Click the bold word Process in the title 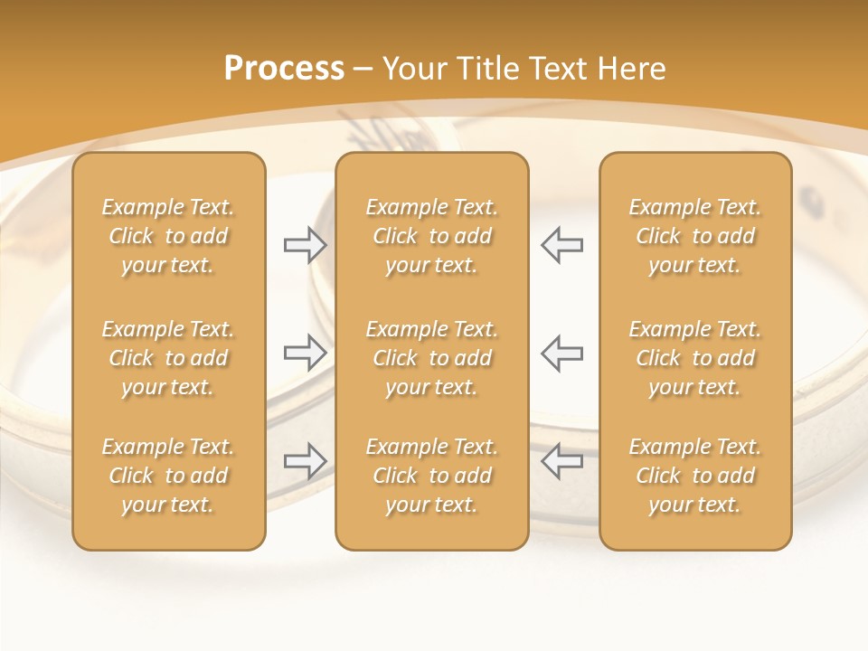[x=284, y=69]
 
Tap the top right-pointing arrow [x=305, y=245]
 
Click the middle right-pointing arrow [x=305, y=353]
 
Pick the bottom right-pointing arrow [x=305, y=461]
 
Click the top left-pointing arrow [x=561, y=245]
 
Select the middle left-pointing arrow [x=561, y=353]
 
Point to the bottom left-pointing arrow [x=561, y=461]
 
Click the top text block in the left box [x=168, y=236]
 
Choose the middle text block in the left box [x=168, y=358]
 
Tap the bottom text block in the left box [x=168, y=476]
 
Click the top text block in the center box [x=431, y=236]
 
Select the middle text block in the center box [x=431, y=358]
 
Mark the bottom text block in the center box [x=431, y=476]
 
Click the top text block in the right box [x=694, y=236]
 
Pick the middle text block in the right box [x=694, y=358]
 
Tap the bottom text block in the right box [x=694, y=476]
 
